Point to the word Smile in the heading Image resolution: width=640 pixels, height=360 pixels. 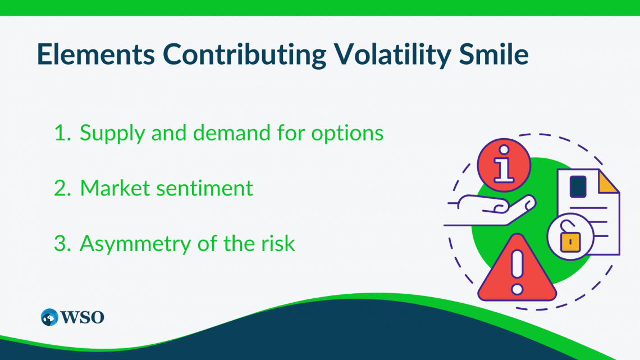[x=496, y=54]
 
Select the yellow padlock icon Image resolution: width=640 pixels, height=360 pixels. [x=570, y=239]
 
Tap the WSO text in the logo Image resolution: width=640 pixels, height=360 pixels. [x=84, y=317]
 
